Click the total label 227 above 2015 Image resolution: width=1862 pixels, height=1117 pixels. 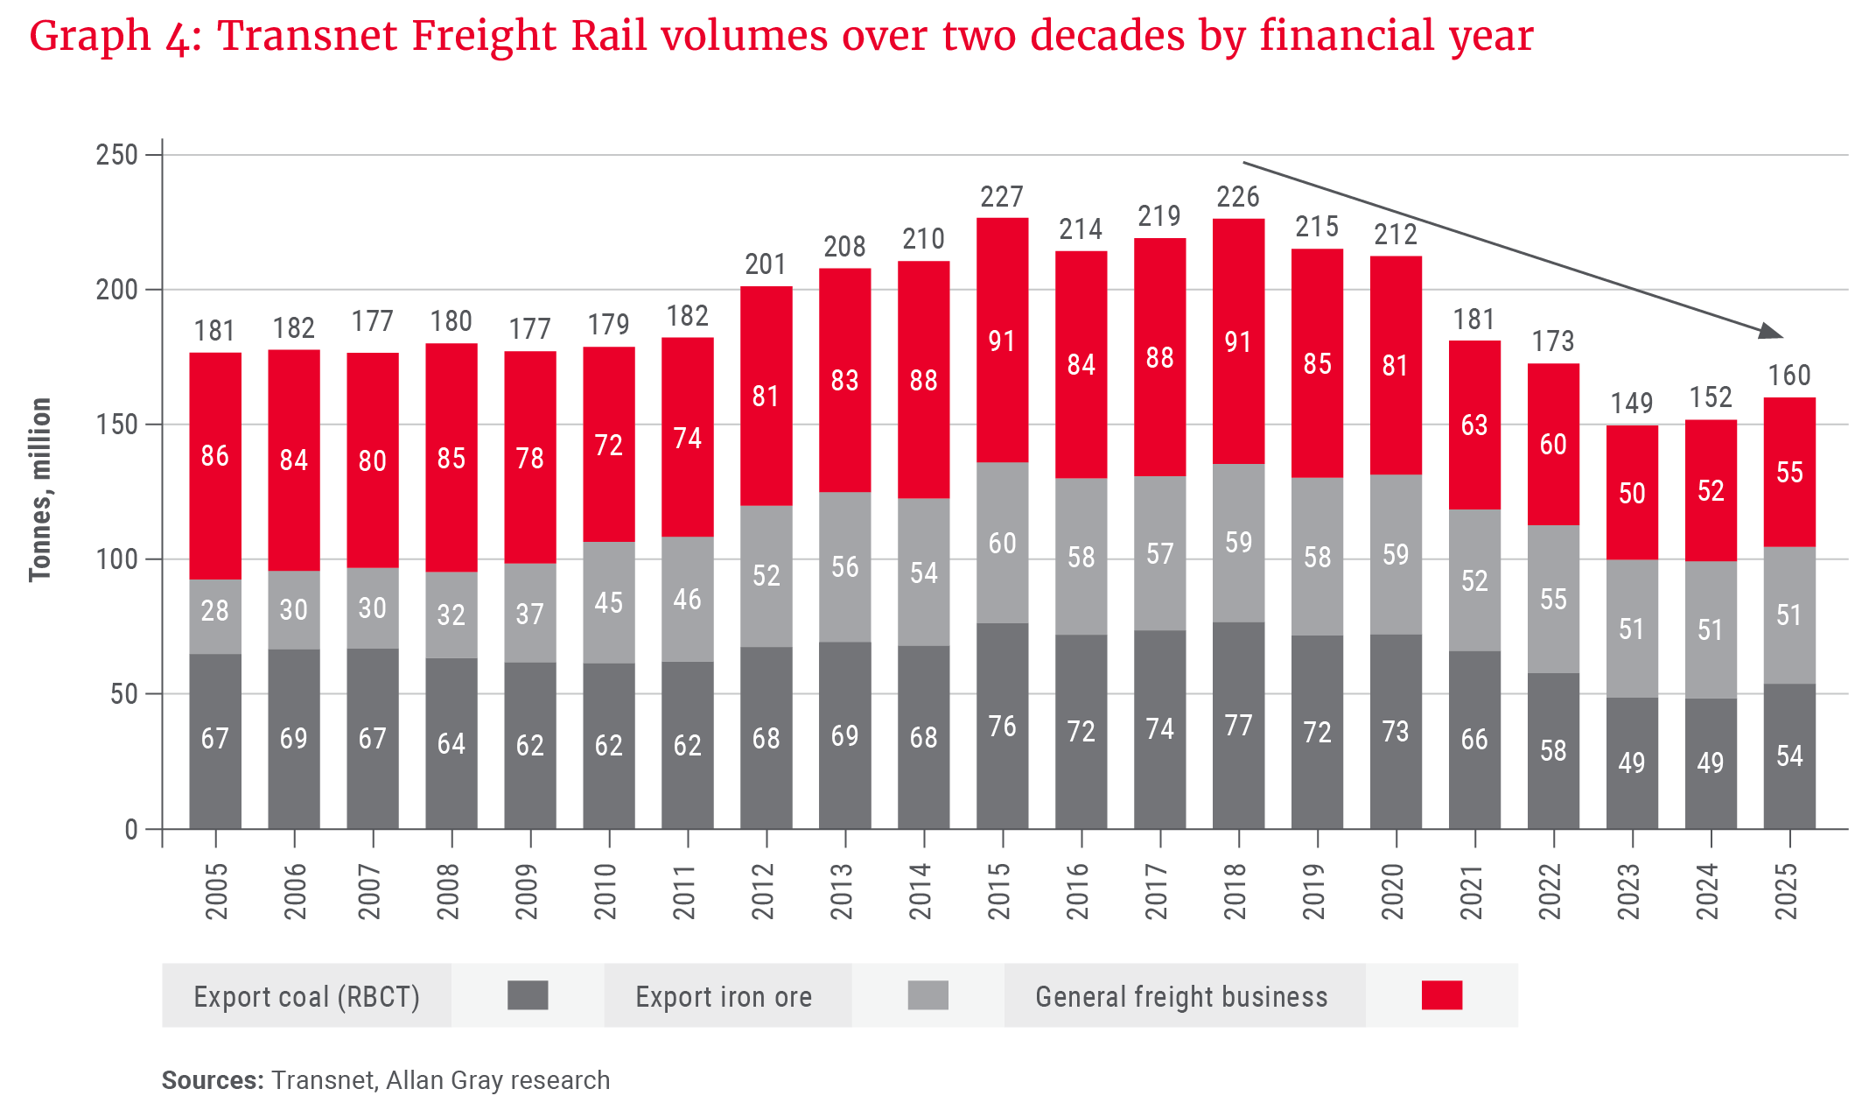[x=1002, y=196]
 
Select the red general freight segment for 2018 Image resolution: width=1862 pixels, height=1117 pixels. [x=1238, y=341]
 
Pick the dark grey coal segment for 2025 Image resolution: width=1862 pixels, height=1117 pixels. [x=1789, y=755]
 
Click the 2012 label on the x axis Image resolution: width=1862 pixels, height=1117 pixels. [x=764, y=891]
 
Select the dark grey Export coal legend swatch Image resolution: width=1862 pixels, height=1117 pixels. [x=528, y=995]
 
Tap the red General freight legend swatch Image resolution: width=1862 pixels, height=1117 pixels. [x=1441, y=995]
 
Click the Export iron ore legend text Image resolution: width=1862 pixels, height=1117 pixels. [x=724, y=997]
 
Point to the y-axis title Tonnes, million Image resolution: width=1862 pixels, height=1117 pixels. [x=40, y=490]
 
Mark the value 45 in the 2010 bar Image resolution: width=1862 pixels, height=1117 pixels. [x=609, y=602]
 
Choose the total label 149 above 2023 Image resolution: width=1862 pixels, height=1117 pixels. [x=1632, y=404]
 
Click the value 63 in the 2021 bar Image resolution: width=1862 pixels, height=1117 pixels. [x=1474, y=425]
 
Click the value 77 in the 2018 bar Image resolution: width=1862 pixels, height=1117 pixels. [x=1238, y=726]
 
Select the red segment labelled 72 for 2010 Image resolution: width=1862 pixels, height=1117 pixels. [x=609, y=445]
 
